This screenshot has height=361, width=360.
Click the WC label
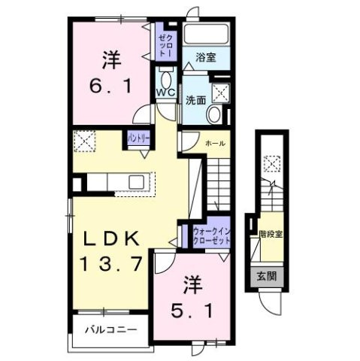pos(165,93)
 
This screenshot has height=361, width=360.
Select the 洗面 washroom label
pos(197,99)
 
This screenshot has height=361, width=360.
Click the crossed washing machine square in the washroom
pos(221,93)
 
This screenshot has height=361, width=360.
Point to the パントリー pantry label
pos(138,138)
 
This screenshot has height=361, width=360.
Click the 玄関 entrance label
pos(268,276)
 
